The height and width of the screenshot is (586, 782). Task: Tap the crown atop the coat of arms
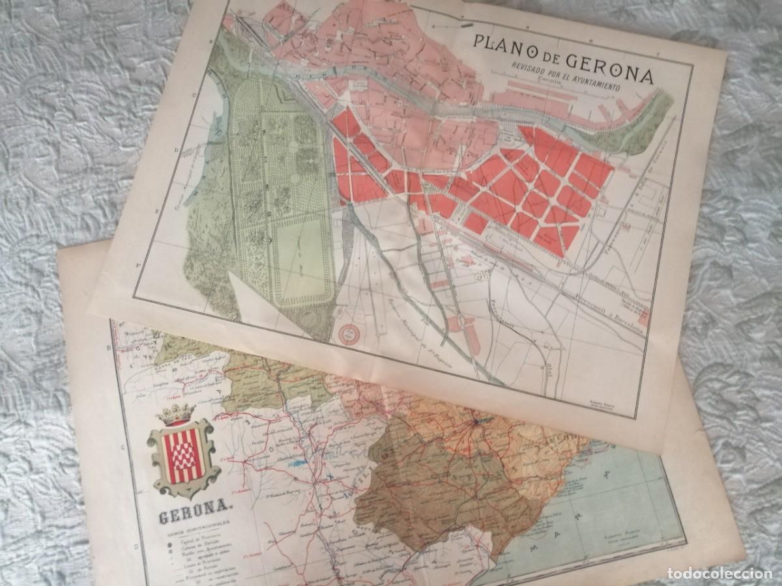tap(177, 414)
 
